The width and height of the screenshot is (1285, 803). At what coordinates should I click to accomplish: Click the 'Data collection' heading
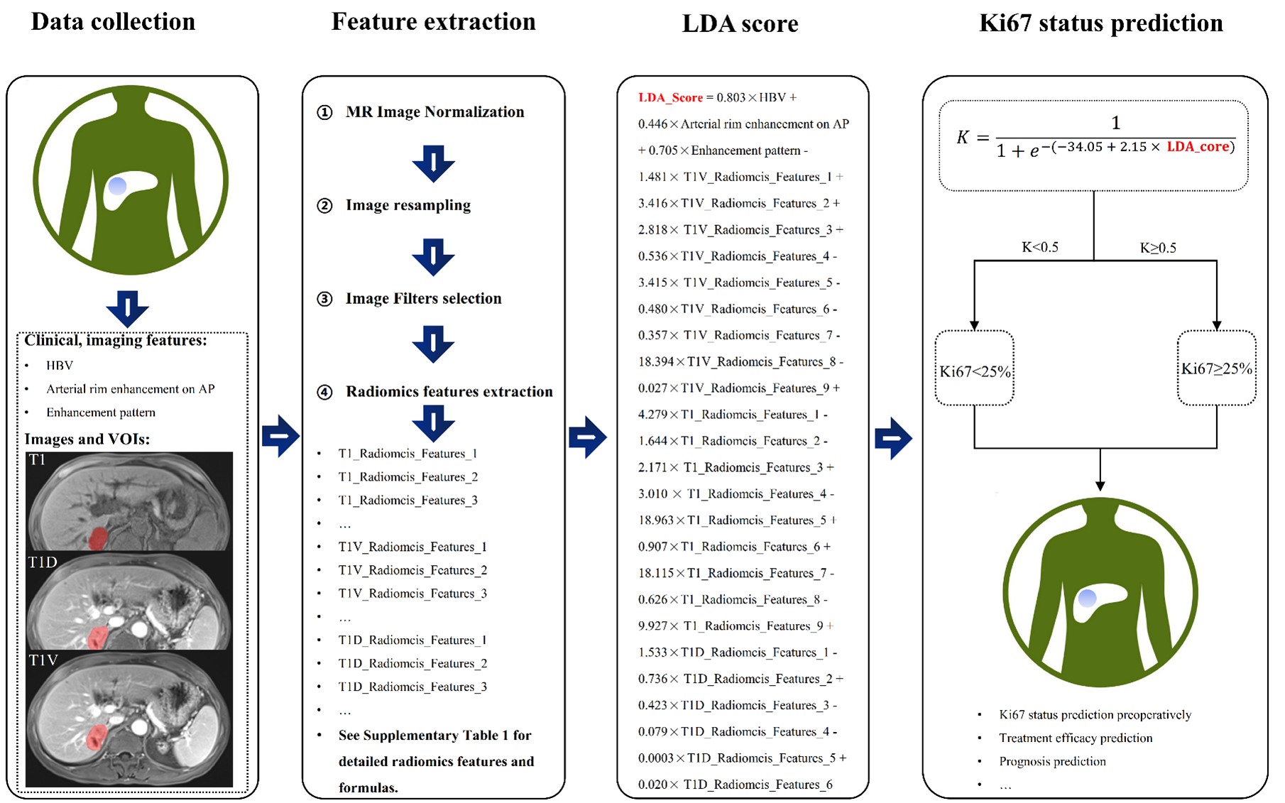point(113,22)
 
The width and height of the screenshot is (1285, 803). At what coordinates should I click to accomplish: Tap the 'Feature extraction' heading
point(433,22)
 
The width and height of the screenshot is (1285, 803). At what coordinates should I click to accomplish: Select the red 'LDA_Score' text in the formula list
point(670,98)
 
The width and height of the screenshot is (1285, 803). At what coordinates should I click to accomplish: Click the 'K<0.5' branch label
point(1039,247)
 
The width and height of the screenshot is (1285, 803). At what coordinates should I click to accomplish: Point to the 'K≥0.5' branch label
point(1158,248)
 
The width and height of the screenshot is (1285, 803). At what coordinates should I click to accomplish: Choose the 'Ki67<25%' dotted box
point(975,368)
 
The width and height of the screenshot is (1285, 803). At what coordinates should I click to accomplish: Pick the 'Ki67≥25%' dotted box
point(1216,368)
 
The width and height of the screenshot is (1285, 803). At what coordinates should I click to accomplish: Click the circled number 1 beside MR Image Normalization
point(324,112)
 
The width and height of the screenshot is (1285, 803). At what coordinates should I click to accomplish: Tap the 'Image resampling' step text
point(408,205)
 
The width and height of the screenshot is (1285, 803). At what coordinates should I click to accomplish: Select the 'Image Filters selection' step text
point(423,299)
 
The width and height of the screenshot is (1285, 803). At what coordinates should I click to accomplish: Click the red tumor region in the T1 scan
point(98,537)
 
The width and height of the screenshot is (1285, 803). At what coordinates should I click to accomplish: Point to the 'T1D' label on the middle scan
point(43,562)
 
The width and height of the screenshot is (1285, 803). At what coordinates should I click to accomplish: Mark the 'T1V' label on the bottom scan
point(43,660)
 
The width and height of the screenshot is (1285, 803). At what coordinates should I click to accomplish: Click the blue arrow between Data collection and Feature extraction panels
point(280,435)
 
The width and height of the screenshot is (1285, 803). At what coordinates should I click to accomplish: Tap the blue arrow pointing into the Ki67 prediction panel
point(893,438)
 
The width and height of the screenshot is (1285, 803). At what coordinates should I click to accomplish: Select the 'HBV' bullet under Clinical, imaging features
point(60,366)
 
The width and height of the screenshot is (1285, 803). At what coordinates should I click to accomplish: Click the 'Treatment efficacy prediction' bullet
point(1075,738)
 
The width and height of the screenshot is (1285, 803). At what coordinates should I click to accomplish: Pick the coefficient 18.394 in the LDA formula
point(654,362)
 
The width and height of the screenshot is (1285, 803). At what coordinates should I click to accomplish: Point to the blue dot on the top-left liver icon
point(117,187)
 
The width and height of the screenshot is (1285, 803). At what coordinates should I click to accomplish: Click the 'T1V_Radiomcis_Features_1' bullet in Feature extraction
point(412,547)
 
